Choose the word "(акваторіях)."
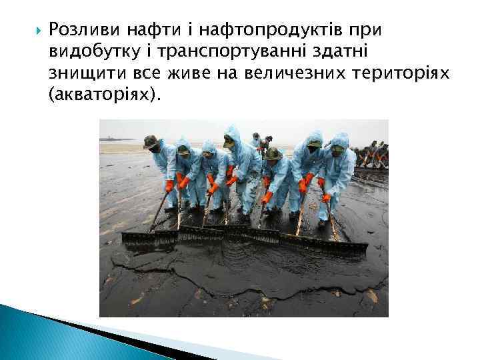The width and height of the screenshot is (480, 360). coord(105,95)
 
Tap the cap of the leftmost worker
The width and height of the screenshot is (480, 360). coord(150,141)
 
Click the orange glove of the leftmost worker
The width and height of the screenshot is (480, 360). coord(169,186)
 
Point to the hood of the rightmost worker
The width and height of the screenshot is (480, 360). coord(339,140)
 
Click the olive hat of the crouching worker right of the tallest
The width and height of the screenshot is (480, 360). coord(272,154)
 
